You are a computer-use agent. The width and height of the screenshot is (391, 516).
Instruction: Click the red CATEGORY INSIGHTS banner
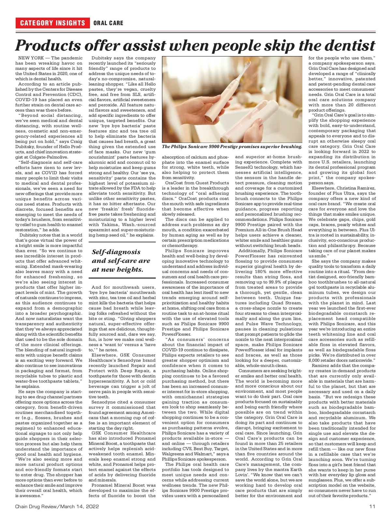[52, 23]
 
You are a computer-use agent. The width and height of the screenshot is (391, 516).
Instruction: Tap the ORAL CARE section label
[108, 23]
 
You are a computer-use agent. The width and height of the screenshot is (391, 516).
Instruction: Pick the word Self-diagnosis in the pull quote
[116, 252]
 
